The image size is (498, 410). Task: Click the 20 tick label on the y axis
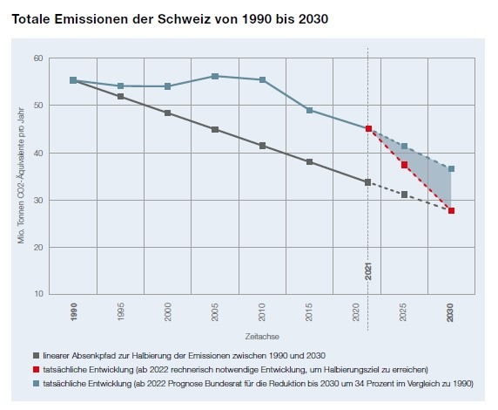pos(38,248)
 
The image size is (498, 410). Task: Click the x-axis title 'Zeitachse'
pos(262,335)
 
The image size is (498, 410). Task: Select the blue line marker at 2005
pos(215,76)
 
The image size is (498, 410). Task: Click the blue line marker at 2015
pos(309,110)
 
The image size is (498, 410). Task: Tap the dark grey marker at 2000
pos(167,113)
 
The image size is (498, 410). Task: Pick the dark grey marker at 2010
pos(262,146)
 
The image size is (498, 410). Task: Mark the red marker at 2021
pos(368,129)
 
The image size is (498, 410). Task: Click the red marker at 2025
pos(404,165)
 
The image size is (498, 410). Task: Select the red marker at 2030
pos(451,210)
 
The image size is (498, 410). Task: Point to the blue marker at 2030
pos(451,168)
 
